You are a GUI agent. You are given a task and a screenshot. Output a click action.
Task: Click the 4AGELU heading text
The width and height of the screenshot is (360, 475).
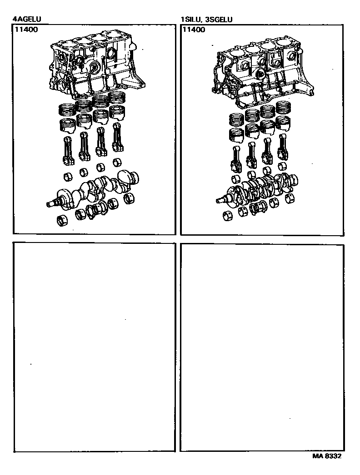(27, 20)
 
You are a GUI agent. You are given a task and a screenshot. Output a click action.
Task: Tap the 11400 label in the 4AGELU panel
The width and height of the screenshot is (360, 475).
(26, 30)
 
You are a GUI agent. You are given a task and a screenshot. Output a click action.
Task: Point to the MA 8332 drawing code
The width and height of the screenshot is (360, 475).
(327, 456)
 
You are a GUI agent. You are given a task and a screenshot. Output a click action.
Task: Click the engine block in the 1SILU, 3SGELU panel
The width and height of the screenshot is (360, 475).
(262, 73)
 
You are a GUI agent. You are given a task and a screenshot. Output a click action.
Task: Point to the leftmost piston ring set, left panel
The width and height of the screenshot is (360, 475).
(67, 109)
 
